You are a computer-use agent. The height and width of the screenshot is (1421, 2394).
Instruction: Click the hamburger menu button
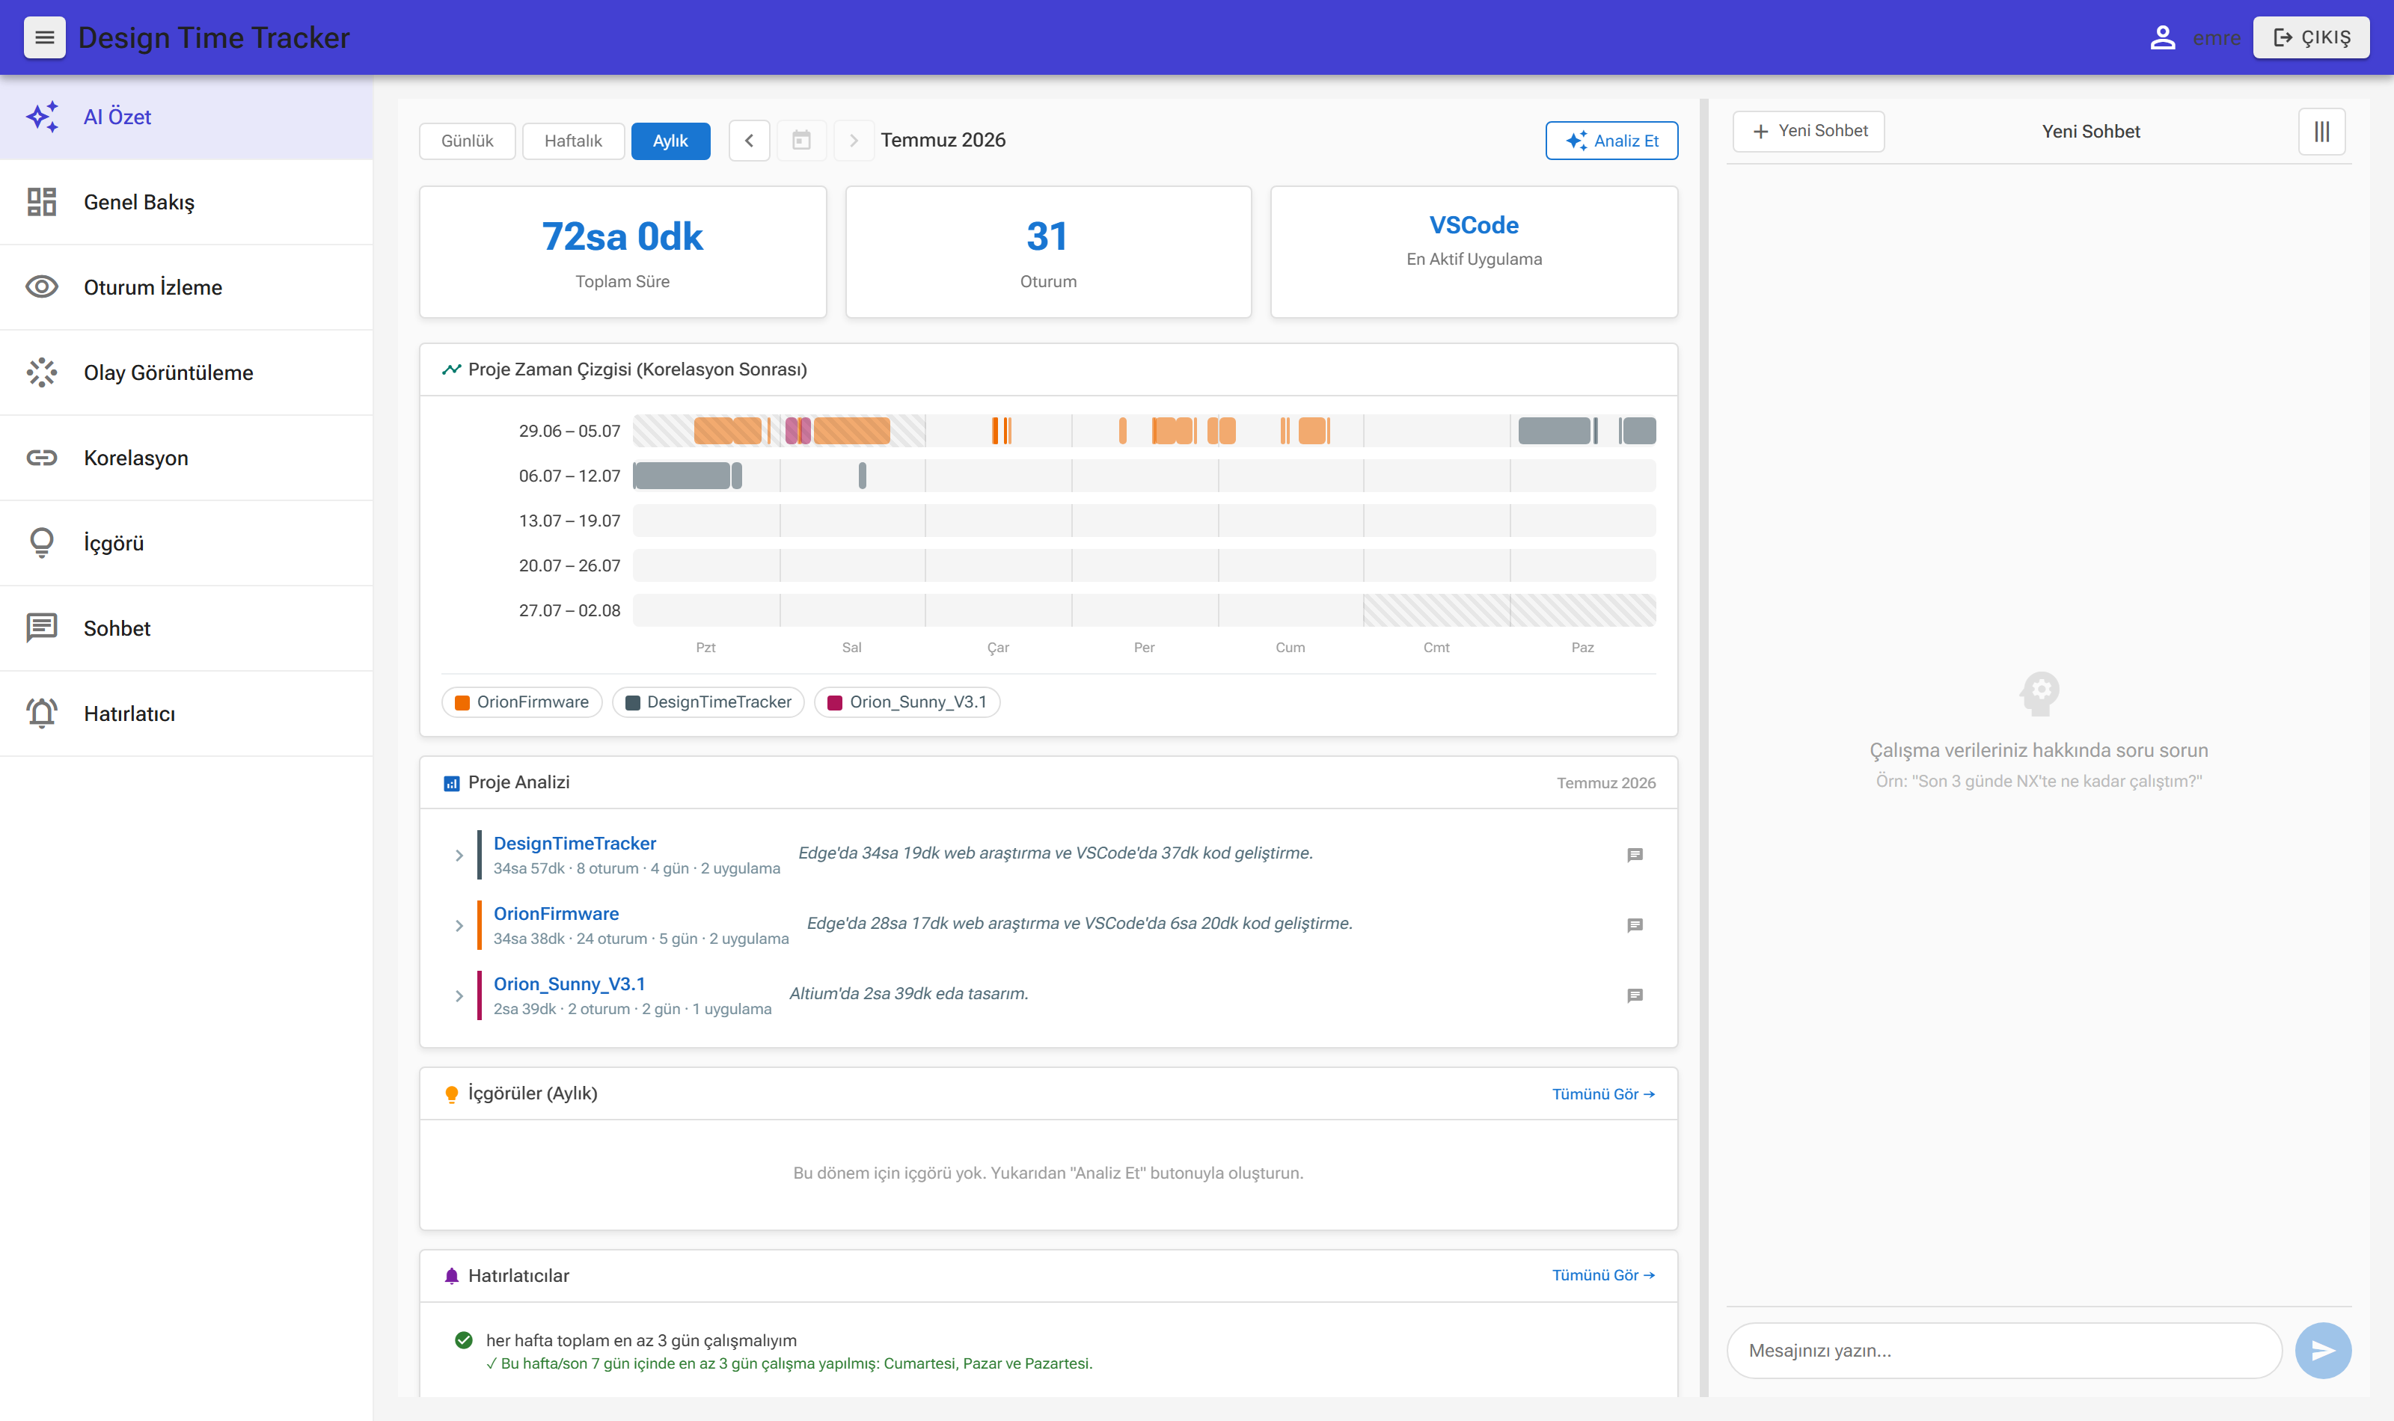(x=44, y=37)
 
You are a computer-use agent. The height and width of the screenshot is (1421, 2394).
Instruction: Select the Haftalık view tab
(x=572, y=141)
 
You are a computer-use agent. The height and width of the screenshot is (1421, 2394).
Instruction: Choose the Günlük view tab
(x=468, y=141)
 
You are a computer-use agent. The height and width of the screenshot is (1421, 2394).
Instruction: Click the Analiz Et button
(x=1611, y=141)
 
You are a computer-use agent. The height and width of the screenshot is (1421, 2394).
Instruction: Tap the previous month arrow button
(x=749, y=141)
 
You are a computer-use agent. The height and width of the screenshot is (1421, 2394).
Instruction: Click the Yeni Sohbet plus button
(x=1808, y=131)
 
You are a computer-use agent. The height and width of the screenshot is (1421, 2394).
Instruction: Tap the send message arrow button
(x=2323, y=1350)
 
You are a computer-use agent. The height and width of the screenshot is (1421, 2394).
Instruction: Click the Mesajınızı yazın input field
(x=2004, y=1350)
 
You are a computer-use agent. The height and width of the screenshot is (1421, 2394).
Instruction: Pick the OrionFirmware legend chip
(x=522, y=702)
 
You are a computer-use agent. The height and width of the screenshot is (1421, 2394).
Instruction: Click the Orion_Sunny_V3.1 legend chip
(x=907, y=702)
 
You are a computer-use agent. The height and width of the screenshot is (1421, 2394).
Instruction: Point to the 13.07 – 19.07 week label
(x=570, y=521)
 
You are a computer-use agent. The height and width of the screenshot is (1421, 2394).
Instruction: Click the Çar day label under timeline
(x=998, y=647)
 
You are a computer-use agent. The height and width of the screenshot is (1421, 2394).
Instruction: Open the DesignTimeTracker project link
(x=575, y=844)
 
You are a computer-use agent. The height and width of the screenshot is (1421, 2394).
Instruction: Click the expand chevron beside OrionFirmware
(x=459, y=926)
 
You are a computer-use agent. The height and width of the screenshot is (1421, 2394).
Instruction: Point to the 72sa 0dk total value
(x=622, y=236)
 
